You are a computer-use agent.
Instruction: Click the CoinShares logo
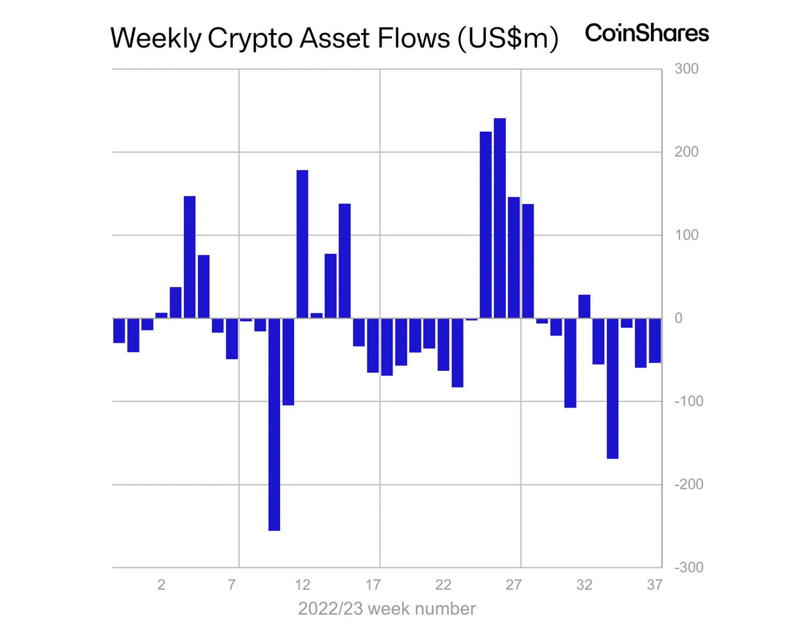coord(646,33)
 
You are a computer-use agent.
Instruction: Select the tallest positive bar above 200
coord(500,218)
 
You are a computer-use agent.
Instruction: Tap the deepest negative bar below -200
coord(274,424)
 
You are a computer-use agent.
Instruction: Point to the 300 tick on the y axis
coord(686,69)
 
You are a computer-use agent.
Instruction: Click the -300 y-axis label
coord(689,568)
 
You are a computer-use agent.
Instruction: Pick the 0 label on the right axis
coord(678,318)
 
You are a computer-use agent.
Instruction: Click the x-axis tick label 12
coord(302,585)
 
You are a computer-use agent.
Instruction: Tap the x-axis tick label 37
coord(655,585)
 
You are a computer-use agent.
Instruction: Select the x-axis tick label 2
coord(162,585)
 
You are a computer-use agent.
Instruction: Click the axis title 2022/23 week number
coord(387,609)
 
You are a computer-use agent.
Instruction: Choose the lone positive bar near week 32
coord(584,307)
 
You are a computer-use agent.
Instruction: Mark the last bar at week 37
coord(655,341)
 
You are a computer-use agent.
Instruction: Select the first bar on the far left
coord(119,331)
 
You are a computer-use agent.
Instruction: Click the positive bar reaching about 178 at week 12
coord(302,244)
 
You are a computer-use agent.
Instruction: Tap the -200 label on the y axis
coord(689,484)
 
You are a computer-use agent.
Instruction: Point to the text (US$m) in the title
coord(508,38)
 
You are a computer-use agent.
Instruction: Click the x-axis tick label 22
coord(443,585)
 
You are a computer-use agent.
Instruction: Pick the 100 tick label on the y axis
coord(686,235)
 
